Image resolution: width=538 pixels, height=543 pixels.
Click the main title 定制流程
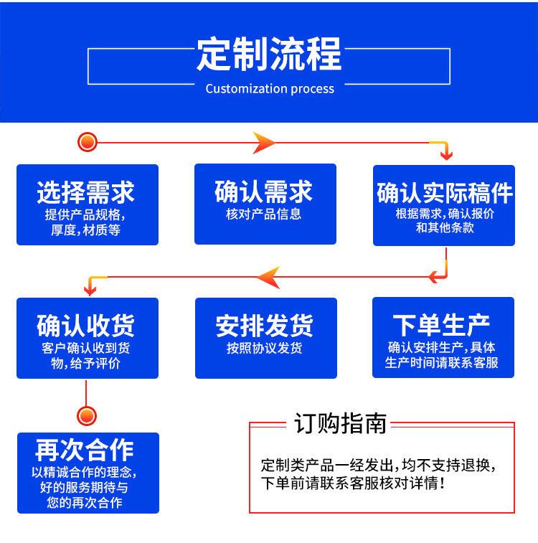click(x=269, y=55)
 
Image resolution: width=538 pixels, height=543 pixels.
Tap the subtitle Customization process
click(x=270, y=89)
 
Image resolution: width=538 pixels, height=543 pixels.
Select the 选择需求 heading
click(x=86, y=192)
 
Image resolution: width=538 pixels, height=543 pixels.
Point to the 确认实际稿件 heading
click(x=445, y=192)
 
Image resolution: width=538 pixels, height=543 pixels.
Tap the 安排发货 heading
click(x=265, y=326)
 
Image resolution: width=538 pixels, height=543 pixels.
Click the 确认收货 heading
click(x=86, y=325)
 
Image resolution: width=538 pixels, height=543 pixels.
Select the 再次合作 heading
click(x=85, y=450)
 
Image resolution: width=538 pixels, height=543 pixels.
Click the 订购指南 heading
click(x=341, y=423)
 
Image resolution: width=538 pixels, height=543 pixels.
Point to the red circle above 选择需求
click(x=88, y=142)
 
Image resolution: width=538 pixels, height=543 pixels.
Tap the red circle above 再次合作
click(x=86, y=415)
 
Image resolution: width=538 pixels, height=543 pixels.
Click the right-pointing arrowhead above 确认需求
click(x=264, y=143)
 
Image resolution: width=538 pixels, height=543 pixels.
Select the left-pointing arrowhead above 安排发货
click(x=268, y=277)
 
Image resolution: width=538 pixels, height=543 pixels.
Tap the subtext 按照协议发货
click(x=265, y=348)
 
